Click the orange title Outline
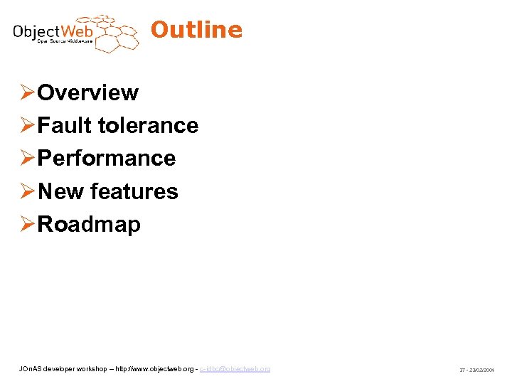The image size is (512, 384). tap(196, 30)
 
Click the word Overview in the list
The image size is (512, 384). tap(88, 92)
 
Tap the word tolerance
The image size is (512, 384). tap(148, 125)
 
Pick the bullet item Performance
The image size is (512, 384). tap(107, 158)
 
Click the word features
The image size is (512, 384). tap(134, 191)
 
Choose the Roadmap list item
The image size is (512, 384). tap(89, 224)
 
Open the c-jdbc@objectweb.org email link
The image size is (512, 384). tap(235, 369)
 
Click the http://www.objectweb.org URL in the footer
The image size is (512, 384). tap(156, 369)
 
